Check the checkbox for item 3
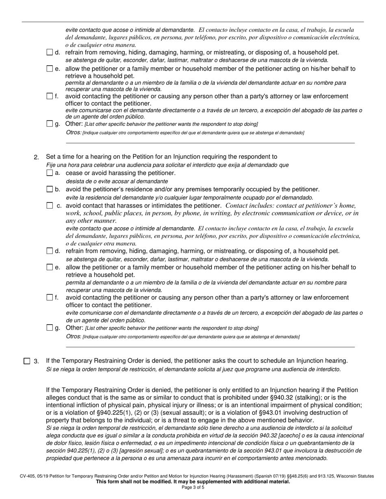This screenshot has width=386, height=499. click(x=27, y=361)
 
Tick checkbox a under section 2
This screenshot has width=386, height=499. click(x=50, y=173)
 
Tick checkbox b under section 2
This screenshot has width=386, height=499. click(x=50, y=189)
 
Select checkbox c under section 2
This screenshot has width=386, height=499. click(x=50, y=206)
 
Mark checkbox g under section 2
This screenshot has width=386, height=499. click(x=50, y=328)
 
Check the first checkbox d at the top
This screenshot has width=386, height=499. click(x=50, y=52)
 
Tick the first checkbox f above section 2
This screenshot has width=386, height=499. click(x=50, y=97)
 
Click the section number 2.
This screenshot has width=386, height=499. click(x=36, y=157)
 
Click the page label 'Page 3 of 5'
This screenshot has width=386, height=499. click(x=193, y=488)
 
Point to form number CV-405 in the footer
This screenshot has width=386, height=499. click(x=28, y=476)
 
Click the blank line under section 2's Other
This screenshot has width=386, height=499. click(x=210, y=347)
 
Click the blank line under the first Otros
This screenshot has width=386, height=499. click(x=210, y=142)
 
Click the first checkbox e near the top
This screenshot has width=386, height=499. click(x=50, y=69)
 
